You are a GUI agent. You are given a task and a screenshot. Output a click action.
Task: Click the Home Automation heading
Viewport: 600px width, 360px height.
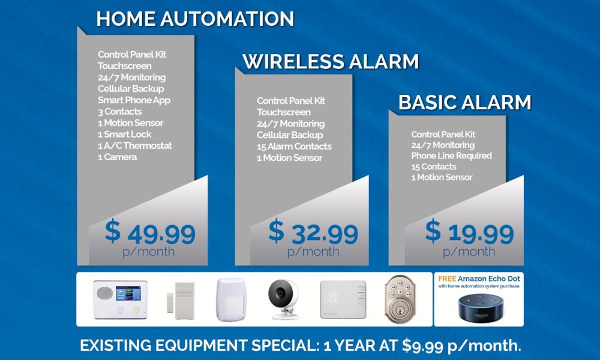click(x=195, y=19)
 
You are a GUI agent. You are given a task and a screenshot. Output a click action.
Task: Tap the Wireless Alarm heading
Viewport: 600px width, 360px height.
click(x=331, y=62)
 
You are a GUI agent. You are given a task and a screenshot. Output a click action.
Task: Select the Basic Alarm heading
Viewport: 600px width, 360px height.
click(x=464, y=102)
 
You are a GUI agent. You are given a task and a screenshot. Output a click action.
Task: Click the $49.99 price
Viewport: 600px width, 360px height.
click(x=150, y=232)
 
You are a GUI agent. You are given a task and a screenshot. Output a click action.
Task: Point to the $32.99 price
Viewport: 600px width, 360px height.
click(x=313, y=232)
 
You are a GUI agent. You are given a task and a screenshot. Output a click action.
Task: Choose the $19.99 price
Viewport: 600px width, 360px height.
click(x=470, y=232)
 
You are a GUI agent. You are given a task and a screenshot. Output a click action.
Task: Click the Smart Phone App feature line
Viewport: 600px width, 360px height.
click(x=134, y=100)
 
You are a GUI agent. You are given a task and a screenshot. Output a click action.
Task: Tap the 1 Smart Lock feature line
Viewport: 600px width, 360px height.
click(x=125, y=134)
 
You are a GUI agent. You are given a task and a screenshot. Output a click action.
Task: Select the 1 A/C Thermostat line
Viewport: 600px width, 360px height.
click(x=134, y=146)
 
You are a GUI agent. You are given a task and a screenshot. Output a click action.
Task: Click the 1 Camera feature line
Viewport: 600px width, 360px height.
click(x=118, y=157)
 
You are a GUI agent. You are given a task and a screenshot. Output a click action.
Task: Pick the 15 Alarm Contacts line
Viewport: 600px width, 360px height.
click(x=294, y=146)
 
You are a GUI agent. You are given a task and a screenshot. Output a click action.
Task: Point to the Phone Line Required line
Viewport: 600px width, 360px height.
click(x=451, y=156)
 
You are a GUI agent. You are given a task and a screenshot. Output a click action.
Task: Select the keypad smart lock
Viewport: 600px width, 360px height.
click(x=405, y=297)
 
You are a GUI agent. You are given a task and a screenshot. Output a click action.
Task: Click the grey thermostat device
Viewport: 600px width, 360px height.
click(x=343, y=296)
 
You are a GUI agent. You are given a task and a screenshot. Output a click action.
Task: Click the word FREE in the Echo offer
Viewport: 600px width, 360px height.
click(x=448, y=279)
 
